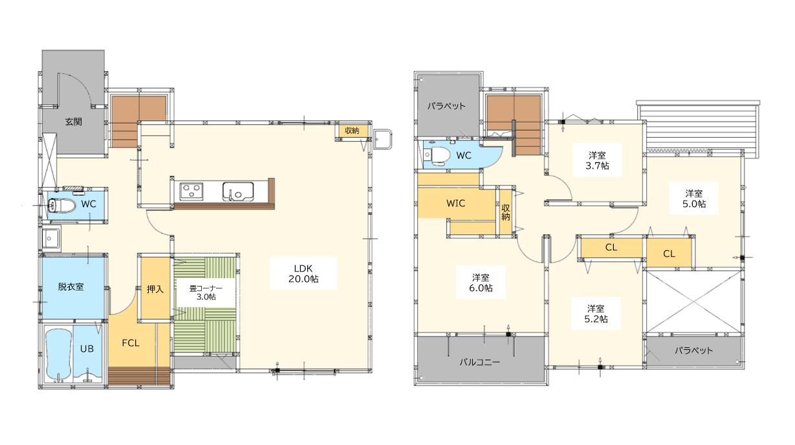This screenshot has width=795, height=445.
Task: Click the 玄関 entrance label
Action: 74,122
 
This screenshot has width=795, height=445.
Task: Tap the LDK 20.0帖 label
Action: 303,274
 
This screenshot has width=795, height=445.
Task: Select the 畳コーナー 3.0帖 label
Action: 206,293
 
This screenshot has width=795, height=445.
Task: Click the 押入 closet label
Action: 155,289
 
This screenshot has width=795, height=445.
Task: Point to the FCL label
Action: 131,343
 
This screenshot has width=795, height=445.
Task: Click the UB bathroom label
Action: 87,349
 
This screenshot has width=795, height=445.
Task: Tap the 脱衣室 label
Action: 71,287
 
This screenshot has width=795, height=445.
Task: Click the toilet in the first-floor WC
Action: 61,205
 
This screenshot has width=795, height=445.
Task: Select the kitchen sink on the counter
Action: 238,191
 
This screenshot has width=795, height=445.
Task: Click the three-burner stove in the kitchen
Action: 191,191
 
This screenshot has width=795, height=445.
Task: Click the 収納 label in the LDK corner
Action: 352,131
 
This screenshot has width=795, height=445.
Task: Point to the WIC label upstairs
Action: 455,203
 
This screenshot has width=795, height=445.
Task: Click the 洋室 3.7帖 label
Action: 597,160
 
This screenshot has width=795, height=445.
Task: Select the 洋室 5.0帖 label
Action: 694,199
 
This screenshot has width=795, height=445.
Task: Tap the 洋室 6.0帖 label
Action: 481,283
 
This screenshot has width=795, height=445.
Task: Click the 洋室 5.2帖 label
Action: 596,314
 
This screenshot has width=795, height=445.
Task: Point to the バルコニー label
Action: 480,362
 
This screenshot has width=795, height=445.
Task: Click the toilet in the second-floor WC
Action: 437,155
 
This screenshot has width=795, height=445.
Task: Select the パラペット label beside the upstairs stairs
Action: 446,105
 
